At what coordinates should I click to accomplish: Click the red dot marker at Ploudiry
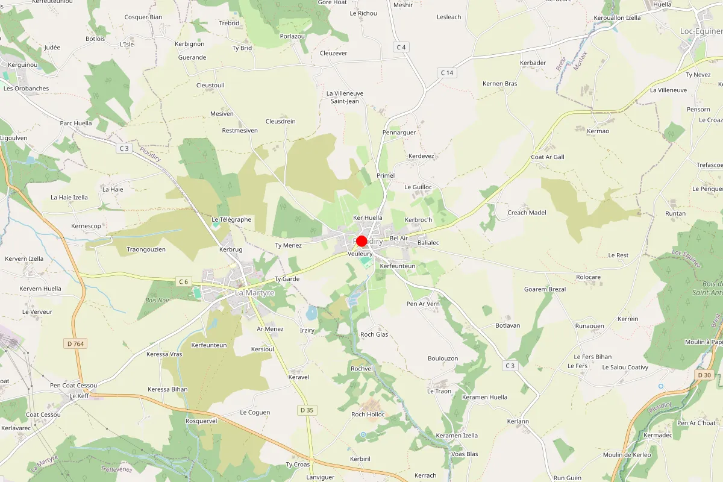coord(361,241)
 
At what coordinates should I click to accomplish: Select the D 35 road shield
coord(307,410)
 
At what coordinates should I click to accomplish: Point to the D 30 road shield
coord(704,375)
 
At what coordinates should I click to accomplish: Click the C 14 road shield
coord(446,73)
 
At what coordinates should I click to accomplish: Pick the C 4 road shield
coord(401,47)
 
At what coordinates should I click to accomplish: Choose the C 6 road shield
coord(184,281)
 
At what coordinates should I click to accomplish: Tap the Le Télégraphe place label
coord(231,219)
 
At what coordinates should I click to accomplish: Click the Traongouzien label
coord(146,249)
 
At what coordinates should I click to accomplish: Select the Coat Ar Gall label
coord(547,157)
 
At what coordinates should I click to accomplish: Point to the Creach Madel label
coord(527,212)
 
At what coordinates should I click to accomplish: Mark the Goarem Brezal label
coord(545,289)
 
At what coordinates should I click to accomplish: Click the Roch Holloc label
coord(368,414)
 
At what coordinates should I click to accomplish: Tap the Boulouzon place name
coord(443,358)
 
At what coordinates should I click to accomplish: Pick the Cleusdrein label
coord(281,121)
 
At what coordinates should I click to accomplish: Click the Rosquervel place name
coord(201,421)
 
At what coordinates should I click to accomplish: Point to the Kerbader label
coord(533,63)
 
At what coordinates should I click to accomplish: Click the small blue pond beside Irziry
coord(311,313)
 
